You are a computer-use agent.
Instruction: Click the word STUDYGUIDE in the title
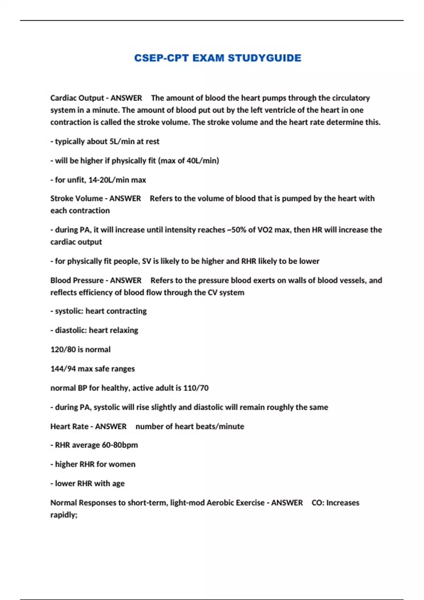pos(264,58)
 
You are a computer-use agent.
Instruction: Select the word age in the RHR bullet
pos(118,484)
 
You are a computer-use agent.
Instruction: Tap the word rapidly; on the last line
pos(64,515)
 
